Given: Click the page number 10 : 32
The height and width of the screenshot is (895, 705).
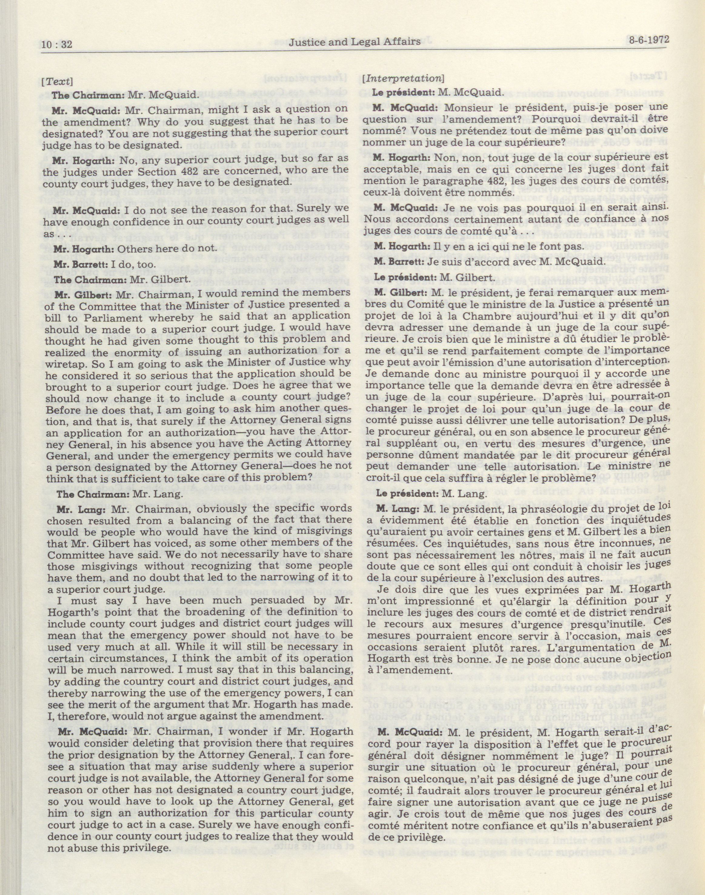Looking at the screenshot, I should click(x=57, y=44).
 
